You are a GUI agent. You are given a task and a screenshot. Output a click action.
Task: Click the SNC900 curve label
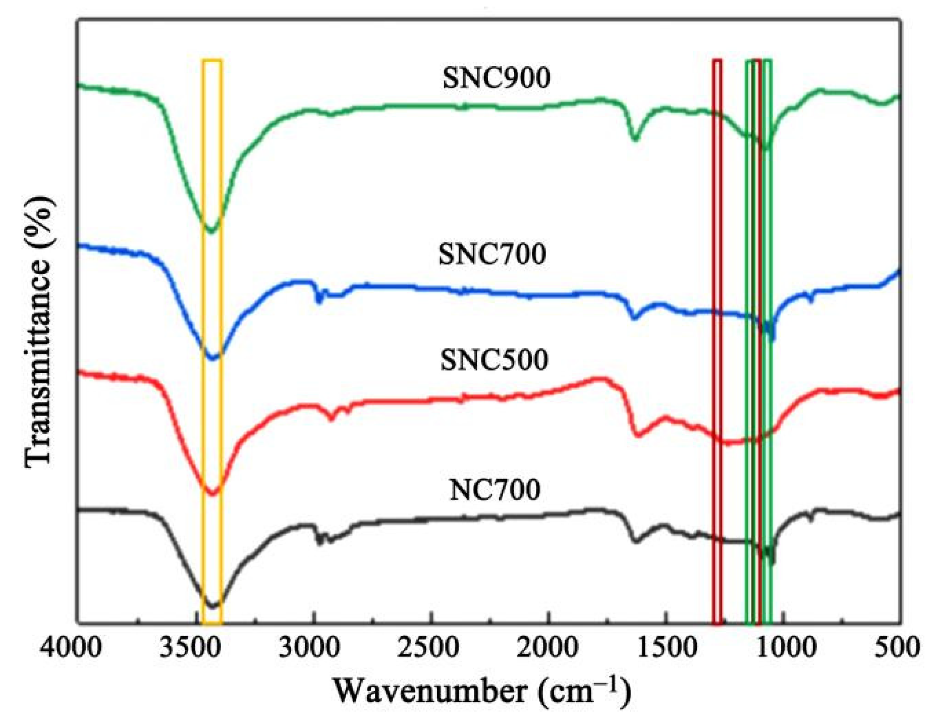pyautogui.click(x=496, y=78)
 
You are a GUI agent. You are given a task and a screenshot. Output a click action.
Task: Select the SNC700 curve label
pyautogui.click(x=492, y=254)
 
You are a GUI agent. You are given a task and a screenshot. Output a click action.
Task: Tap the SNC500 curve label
pyautogui.click(x=494, y=360)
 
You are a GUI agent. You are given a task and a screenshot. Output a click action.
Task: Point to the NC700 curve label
pyautogui.click(x=494, y=490)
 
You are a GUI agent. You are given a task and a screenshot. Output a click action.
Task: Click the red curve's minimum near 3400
pyautogui.click(x=212, y=494)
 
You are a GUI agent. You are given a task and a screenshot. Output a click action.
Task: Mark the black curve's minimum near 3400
pyautogui.click(x=212, y=605)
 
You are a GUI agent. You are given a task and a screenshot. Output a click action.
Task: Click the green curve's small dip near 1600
pyautogui.click(x=635, y=139)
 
